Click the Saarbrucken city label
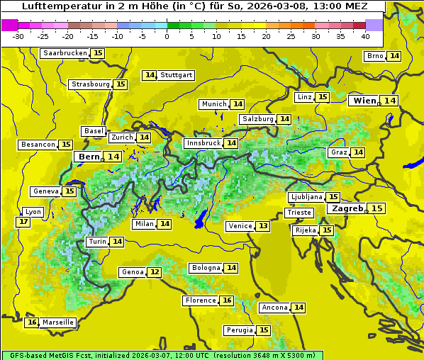pyautogui.click(x=65, y=53)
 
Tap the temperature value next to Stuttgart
pyautogui.click(x=150, y=75)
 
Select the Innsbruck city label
pyautogui.click(x=203, y=143)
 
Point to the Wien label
pyautogui.click(x=364, y=101)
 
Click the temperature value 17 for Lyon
pyautogui.click(x=23, y=222)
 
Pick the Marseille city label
pyautogui.click(x=58, y=322)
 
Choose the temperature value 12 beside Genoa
pyautogui.click(x=155, y=272)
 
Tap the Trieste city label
pyautogui.click(x=299, y=213)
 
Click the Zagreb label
pyautogui.click(x=345, y=208)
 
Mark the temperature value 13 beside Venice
pyautogui.click(x=263, y=226)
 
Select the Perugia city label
pyautogui.click(x=239, y=330)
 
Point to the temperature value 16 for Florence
pyautogui.click(x=227, y=300)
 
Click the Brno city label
pyautogui.click(x=375, y=56)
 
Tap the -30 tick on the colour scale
pyautogui.click(x=18, y=36)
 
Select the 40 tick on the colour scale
pyautogui.click(x=366, y=36)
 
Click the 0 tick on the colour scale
pyautogui.click(x=167, y=36)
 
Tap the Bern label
pyautogui.click(x=89, y=157)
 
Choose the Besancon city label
pyautogui.click(x=38, y=145)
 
